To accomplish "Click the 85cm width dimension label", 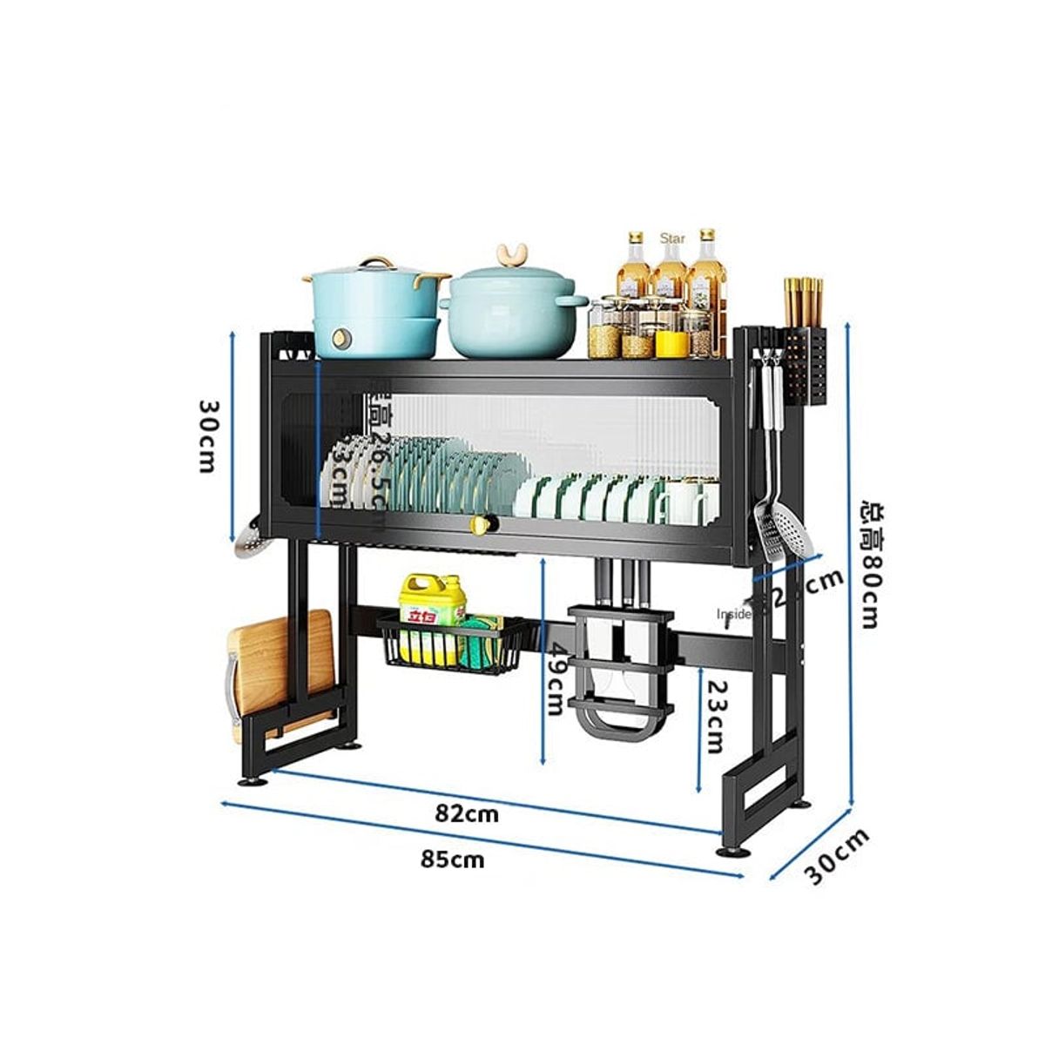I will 452,860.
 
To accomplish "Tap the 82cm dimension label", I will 467,814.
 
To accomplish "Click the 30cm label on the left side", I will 207,435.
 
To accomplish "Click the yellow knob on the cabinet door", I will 481,524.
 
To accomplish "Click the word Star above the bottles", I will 672,238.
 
